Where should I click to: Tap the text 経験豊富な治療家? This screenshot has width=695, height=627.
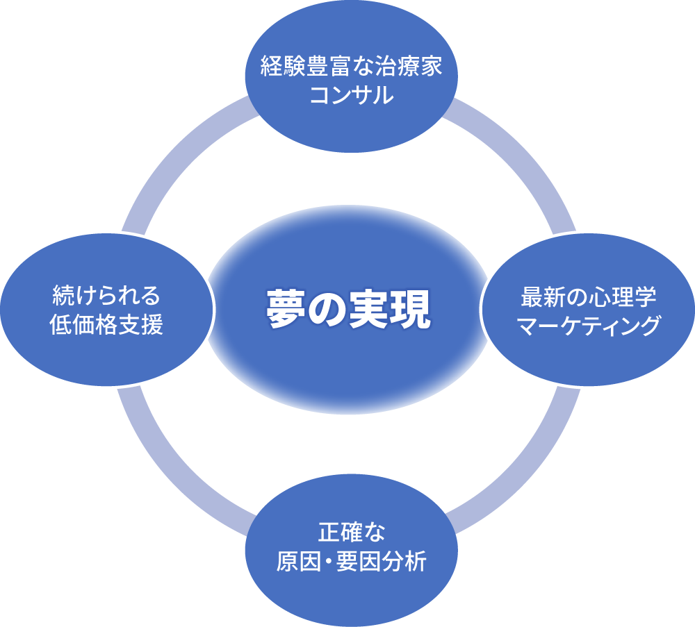point(351,69)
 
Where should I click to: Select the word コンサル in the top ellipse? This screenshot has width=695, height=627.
point(351,95)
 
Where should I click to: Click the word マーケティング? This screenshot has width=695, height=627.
point(588,325)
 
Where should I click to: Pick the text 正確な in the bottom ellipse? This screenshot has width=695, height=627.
point(351,533)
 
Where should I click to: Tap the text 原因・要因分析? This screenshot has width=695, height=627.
point(351,561)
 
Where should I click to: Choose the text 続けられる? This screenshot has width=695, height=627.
point(106,297)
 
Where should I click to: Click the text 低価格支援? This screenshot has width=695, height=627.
point(106,324)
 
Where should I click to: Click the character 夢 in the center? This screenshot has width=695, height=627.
point(282,310)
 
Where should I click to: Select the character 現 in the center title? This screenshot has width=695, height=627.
point(415,310)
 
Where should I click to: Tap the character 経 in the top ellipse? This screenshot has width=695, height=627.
point(272,69)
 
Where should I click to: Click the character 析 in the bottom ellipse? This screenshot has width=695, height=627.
point(416,561)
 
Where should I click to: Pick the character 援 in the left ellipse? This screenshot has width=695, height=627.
point(152,324)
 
